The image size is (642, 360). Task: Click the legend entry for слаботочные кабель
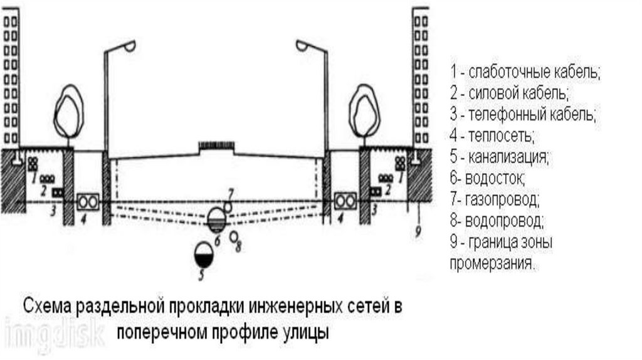525,71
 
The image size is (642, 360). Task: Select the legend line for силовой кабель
509,93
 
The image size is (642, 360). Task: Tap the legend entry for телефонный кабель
522,114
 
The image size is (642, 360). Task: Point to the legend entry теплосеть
492,135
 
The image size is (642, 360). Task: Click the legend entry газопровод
495,200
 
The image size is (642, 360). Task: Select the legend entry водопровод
497,221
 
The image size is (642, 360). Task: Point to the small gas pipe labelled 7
228,204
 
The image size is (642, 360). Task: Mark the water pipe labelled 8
233,236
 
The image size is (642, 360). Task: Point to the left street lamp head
129,46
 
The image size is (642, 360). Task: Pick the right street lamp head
303,45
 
